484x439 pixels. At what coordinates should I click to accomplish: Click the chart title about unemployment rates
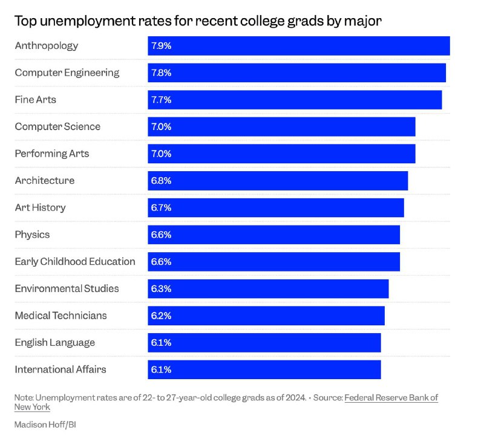coord(198,21)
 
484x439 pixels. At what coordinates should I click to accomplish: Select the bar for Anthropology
coord(299,46)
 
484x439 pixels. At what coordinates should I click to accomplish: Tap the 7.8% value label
coord(162,73)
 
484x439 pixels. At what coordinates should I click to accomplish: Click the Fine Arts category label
coord(35,99)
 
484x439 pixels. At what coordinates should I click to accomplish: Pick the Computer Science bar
coord(281,126)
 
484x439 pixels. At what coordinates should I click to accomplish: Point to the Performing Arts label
coord(51,154)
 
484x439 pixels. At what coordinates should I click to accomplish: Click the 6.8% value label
coord(162,181)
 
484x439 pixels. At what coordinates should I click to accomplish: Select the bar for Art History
coord(276,207)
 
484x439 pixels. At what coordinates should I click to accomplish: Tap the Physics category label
coord(32,235)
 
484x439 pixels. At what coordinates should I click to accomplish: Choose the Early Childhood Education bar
coord(273,262)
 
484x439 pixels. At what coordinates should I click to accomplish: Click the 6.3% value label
coord(162,288)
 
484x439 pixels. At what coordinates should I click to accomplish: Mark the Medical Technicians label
coord(60,316)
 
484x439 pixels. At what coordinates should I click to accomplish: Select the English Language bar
coord(264,342)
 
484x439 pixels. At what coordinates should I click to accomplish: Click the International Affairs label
coord(60,369)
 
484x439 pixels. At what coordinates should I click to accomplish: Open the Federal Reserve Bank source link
coord(391,398)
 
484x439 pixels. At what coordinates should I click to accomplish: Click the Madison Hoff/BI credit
coord(45,424)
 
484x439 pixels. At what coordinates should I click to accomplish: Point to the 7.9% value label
coord(162,46)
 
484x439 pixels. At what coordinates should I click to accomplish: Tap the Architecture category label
coord(45,181)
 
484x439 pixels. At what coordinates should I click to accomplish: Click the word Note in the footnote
coord(24,398)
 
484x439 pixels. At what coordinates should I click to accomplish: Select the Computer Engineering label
coord(67,73)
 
